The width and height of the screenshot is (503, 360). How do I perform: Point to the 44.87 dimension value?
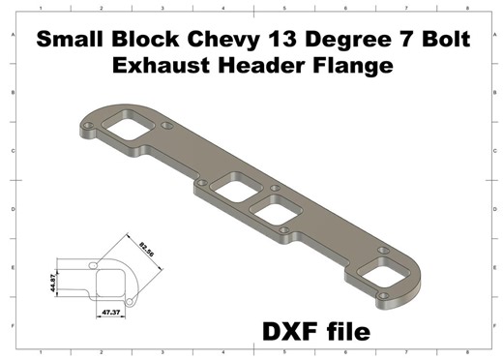click(x=56, y=282)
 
